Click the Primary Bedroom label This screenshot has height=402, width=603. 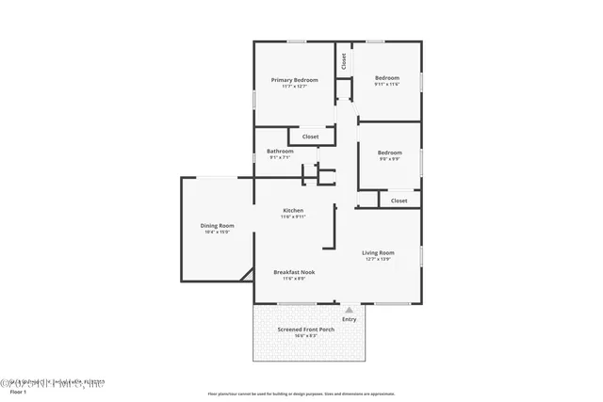point(294,80)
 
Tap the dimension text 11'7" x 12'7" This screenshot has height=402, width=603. point(294,88)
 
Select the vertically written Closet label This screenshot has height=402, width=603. point(344,61)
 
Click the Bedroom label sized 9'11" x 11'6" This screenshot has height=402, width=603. point(387,78)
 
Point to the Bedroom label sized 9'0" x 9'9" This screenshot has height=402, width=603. point(389,153)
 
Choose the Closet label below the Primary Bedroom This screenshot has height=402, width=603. point(310,137)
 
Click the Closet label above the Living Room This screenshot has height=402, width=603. point(399,201)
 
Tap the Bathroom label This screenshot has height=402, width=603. point(280,152)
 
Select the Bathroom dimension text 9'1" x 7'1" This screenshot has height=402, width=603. point(280,158)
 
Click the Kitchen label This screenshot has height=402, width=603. point(293,210)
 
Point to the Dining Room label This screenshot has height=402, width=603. point(217,225)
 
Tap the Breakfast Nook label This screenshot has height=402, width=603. point(294,272)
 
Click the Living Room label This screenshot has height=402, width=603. point(379,252)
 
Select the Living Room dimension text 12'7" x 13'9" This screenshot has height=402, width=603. point(379,259)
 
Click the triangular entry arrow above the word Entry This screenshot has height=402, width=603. point(350,309)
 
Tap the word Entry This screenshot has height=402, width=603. point(350,319)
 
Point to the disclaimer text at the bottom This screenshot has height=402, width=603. point(301,394)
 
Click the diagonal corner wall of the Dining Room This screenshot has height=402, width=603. point(246,273)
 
